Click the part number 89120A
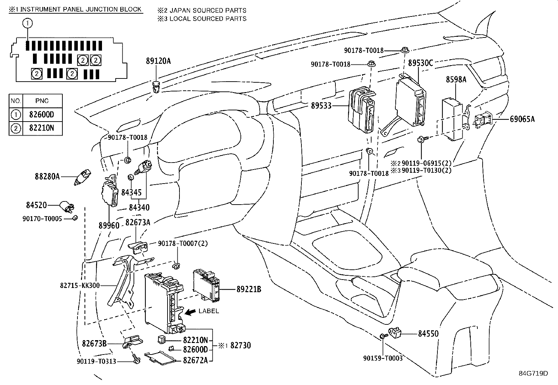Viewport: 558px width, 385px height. click(158, 61)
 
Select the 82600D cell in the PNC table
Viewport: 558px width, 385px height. click(42, 115)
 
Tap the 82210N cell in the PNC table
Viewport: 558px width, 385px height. click(42, 128)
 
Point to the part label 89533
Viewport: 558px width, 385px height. click(321, 105)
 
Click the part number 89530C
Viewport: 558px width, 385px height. click(421, 63)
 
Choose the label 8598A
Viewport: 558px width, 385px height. click(456, 80)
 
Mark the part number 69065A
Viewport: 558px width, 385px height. click(520, 119)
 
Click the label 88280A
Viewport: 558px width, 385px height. click(47, 177)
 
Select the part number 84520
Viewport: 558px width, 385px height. click(36, 205)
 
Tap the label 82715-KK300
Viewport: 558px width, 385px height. click(80, 286)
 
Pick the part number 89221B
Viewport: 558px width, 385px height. click(249, 289)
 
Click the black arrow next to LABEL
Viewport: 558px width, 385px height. click(191, 312)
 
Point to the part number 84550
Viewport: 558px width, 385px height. click(428, 334)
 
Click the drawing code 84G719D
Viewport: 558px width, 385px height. click(533, 373)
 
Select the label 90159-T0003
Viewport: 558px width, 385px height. click(383, 358)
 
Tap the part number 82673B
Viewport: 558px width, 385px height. click(94, 344)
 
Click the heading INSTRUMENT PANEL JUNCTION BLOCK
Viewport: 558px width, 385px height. click(81, 9)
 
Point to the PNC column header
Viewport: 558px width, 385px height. click(42, 101)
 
